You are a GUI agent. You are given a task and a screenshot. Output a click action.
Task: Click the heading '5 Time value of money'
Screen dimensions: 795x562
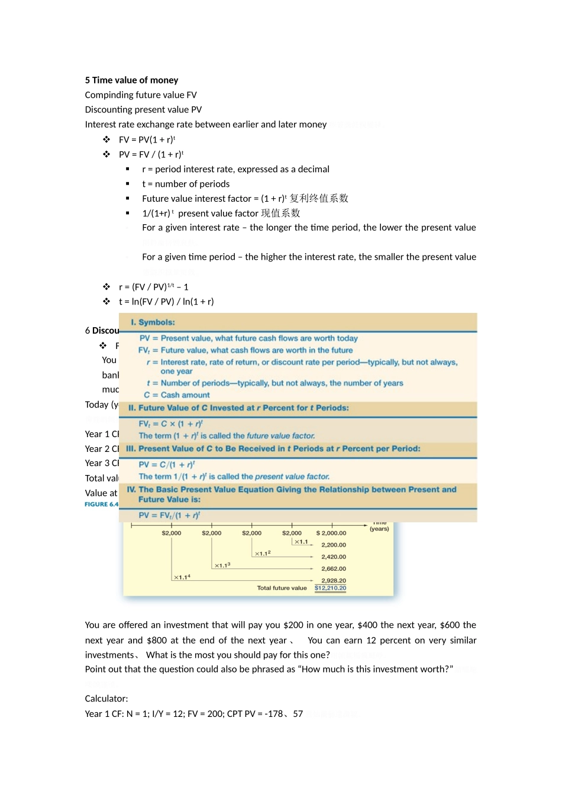point(131,80)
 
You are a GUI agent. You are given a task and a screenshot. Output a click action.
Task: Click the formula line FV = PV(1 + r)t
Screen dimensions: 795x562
point(147,140)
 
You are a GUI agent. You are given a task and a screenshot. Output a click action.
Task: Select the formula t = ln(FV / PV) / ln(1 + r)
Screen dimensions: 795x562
point(166,302)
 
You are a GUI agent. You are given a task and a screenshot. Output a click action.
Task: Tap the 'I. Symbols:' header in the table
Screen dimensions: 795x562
point(153,322)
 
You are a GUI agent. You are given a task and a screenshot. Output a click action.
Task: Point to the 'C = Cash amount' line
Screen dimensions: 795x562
point(177,395)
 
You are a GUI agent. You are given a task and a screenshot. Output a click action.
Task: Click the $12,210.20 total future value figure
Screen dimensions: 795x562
point(330,588)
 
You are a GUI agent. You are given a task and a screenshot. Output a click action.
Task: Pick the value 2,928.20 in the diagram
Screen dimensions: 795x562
point(334,580)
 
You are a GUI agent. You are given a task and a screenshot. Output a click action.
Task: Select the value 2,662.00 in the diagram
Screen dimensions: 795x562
point(334,568)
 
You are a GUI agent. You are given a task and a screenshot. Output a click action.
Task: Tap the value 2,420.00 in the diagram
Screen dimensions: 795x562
point(334,557)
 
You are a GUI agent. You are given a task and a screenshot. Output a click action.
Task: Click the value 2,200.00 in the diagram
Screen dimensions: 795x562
point(334,545)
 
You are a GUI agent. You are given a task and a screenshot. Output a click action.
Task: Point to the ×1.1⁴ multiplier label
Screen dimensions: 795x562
point(182,577)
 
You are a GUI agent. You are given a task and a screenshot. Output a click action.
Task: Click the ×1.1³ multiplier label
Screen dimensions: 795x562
point(222,565)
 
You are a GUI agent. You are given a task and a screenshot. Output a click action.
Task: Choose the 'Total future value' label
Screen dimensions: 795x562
point(282,588)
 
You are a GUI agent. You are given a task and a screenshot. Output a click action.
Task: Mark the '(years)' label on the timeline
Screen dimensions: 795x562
point(379,529)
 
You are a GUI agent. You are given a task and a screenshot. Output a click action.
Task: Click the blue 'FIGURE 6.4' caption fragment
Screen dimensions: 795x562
point(101,505)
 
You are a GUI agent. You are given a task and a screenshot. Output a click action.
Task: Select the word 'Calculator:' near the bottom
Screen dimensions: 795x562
point(106,699)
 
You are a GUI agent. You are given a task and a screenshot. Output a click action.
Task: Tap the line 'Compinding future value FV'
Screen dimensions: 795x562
point(141,95)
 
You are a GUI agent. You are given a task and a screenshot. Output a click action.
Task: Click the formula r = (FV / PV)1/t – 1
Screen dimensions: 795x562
point(153,287)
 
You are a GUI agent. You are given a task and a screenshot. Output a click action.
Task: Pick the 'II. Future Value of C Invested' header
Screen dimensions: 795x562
point(238,408)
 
